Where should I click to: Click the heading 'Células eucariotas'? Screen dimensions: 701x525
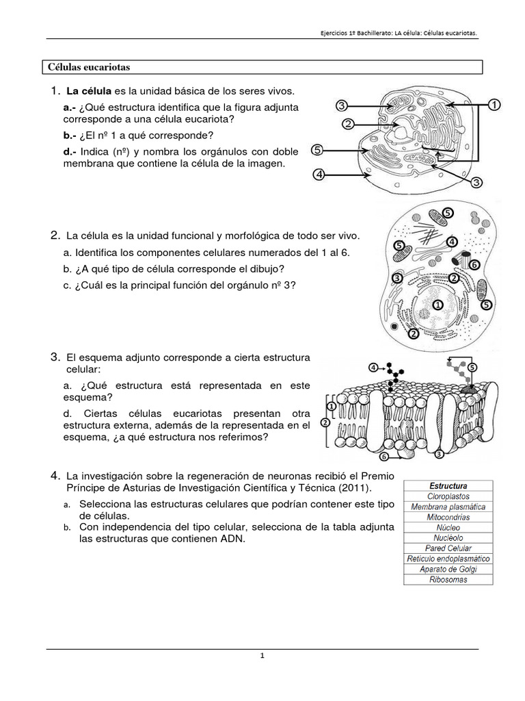[x=89, y=67]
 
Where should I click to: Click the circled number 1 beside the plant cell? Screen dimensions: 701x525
[x=494, y=105]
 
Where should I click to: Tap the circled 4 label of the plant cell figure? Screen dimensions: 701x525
[x=319, y=175]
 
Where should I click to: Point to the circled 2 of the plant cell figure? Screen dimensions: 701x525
[x=348, y=124]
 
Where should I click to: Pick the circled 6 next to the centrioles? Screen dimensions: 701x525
[x=474, y=264]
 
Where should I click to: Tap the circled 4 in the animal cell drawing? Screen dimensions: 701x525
[x=452, y=242]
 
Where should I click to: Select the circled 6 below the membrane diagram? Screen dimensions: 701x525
[x=384, y=456]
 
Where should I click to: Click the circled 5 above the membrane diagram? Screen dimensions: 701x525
[x=472, y=367]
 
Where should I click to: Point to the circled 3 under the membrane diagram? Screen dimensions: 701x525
[x=440, y=453]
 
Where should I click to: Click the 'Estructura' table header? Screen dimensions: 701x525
[x=448, y=486]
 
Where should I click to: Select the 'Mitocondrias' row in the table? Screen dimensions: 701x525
[x=448, y=518]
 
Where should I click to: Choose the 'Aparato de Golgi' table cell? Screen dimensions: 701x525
[x=448, y=570]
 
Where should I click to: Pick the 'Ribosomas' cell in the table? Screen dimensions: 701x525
[x=448, y=580]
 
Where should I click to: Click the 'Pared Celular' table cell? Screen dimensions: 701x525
[x=448, y=548]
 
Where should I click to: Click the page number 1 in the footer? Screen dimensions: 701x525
[x=262, y=656]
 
